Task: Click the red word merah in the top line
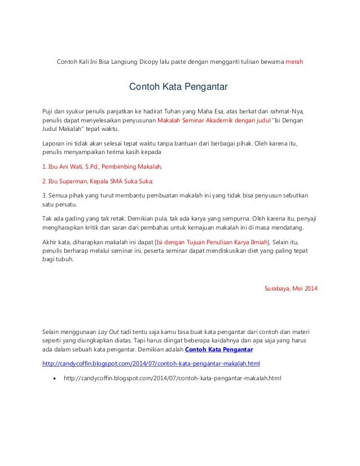295,61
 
